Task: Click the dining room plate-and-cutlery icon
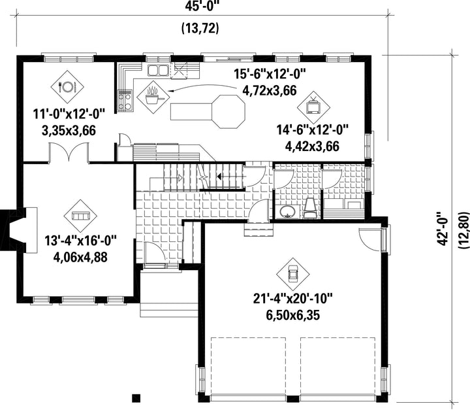point(67,87)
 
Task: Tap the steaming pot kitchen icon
point(153,97)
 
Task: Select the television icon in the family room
point(313,107)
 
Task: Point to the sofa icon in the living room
point(80,216)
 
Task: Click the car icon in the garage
point(293,274)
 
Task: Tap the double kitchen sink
point(157,70)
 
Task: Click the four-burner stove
point(125,101)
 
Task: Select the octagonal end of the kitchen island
point(228,112)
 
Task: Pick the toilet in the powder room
point(310,208)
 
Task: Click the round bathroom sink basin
point(287,211)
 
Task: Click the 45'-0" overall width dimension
point(200,7)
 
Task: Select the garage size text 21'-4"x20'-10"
point(293,299)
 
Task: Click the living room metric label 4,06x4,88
point(80,257)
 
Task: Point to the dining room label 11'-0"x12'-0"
point(69,114)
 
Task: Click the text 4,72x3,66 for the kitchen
point(269,90)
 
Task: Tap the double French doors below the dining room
point(69,153)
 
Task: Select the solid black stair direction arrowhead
point(219,177)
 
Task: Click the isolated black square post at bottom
point(136,398)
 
